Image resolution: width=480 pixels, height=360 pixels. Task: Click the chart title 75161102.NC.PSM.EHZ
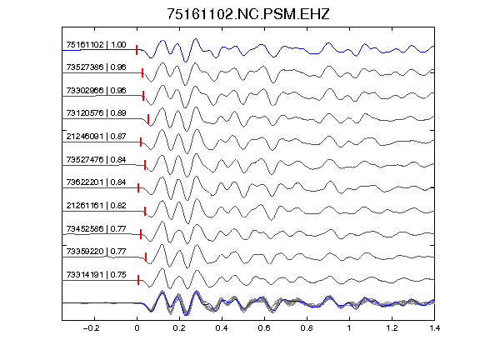(248, 14)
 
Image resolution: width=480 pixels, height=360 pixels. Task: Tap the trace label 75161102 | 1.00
(96, 45)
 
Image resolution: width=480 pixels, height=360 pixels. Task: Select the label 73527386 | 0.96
(96, 67)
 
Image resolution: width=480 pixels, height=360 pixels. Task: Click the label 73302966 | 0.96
(96, 91)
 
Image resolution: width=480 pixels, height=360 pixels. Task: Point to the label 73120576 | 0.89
(96, 113)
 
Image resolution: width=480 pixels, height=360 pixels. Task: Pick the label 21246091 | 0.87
(96, 136)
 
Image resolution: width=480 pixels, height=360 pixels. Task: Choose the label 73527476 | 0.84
(96, 159)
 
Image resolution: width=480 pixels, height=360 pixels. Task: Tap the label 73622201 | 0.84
(96, 182)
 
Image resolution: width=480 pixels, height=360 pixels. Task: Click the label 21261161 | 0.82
(96, 205)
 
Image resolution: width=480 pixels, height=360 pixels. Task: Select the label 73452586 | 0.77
(96, 228)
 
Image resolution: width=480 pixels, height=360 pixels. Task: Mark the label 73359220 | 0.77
(96, 252)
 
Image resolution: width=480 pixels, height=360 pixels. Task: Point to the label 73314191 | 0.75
(96, 275)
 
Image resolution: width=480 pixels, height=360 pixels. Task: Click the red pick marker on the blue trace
(137, 50)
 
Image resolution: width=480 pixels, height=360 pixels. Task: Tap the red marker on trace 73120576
(148, 119)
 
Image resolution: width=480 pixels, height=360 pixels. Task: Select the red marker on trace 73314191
(138, 280)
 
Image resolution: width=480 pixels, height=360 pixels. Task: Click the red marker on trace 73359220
(146, 257)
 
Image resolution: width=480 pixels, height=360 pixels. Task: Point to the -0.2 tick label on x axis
(91, 328)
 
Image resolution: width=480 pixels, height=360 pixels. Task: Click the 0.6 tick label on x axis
(264, 328)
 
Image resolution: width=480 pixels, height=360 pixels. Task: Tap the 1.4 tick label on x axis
(434, 328)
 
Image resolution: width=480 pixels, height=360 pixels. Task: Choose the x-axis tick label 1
(349, 328)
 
